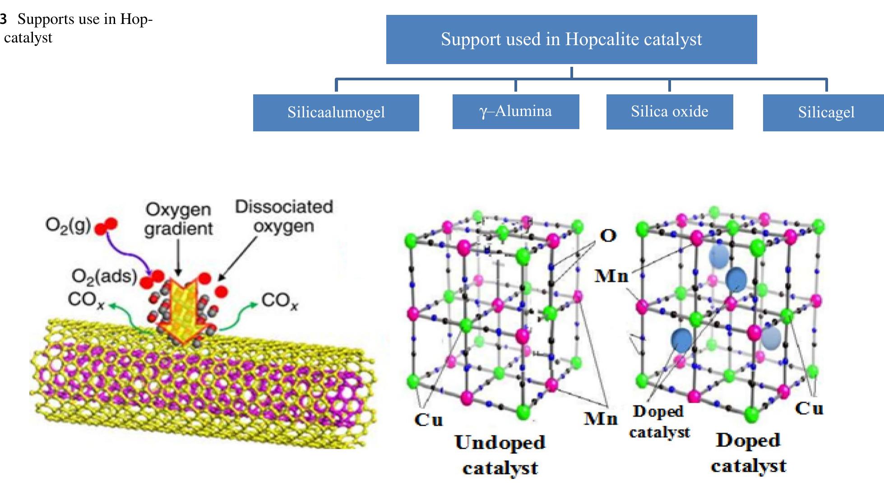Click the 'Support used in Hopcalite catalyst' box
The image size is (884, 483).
(571, 39)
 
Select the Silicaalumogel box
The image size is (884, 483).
(336, 112)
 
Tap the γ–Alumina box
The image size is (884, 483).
(516, 111)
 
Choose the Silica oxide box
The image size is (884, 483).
(670, 111)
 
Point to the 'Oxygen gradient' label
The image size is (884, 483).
(178, 219)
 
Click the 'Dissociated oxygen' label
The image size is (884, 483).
(284, 216)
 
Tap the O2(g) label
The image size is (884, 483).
(68, 224)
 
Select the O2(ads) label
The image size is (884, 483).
(104, 276)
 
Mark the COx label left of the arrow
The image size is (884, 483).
(86, 299)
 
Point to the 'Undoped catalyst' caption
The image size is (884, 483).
(500, 455)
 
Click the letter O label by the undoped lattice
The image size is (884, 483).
(608, 235)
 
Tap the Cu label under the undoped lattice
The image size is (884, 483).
(428, 419)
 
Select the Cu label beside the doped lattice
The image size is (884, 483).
(809, 409)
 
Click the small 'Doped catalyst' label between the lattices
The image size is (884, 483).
(660, 422)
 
